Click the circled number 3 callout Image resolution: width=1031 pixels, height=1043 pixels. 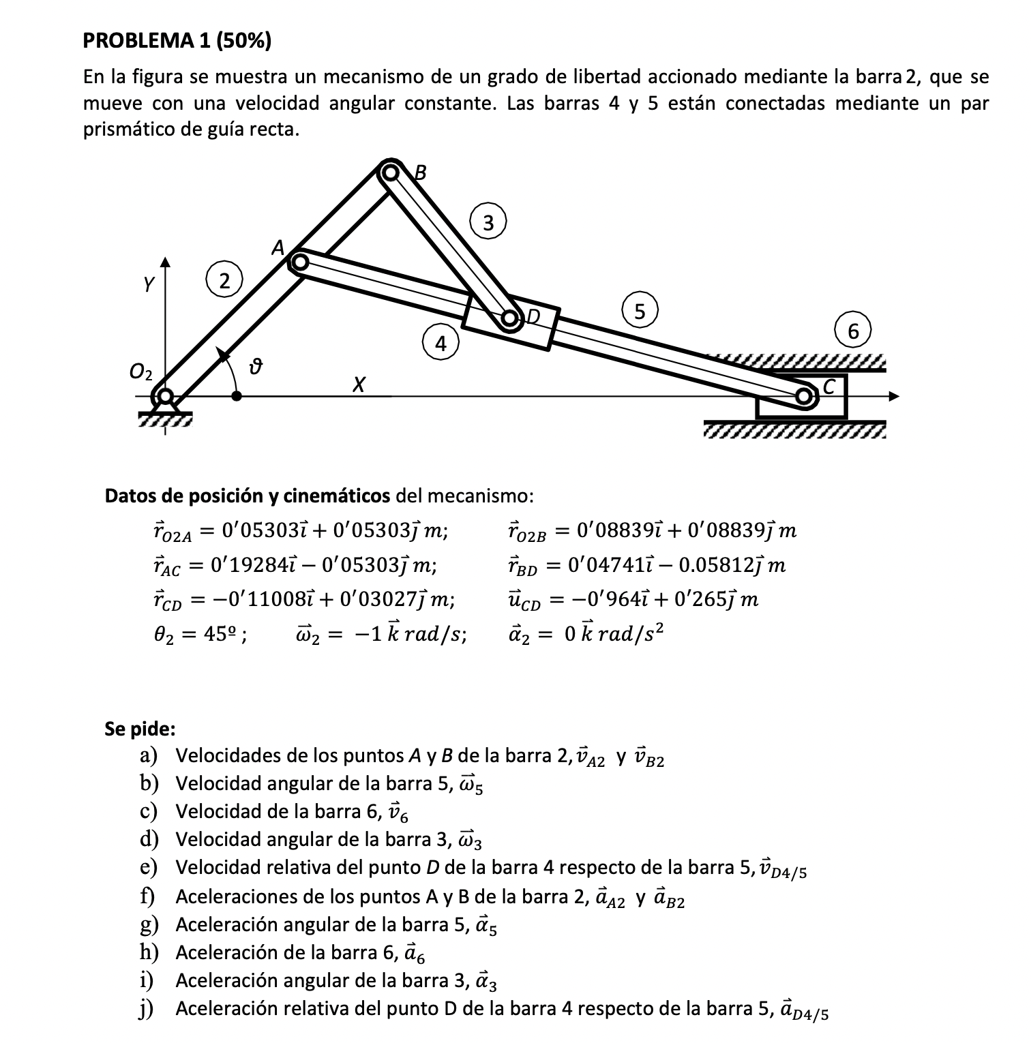[x=488, y=222]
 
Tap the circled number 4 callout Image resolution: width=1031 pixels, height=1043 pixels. [x=440, y=344]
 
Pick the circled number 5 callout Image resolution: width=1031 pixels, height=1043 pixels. [x=639, y=312]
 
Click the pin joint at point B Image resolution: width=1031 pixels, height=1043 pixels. [x=390, y=173]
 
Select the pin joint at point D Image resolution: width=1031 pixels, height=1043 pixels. [x=510, y=318]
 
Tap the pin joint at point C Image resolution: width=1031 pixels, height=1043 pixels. [x=805, y=396]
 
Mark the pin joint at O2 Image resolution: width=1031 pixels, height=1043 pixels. [x=163, y=396]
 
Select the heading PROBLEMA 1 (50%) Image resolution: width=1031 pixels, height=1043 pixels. [x=177, y=42]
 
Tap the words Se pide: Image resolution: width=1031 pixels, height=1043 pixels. [x=140, y=729]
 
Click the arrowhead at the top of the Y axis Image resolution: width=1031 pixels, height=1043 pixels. [x=164, y=262]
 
